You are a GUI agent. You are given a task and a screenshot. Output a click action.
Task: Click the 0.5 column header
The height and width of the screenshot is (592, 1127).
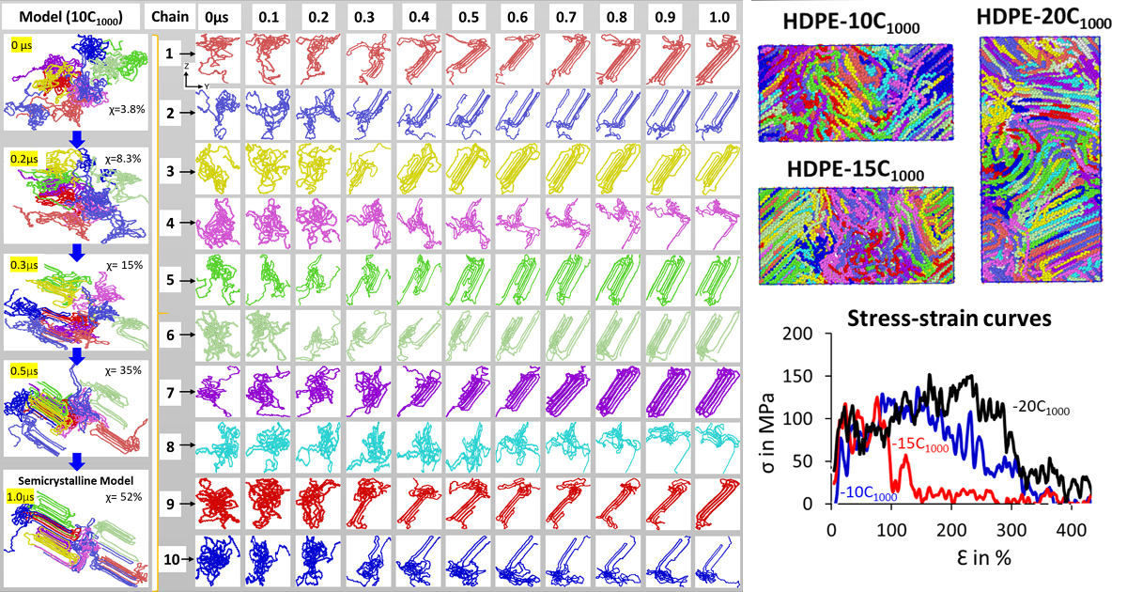click(468, 17)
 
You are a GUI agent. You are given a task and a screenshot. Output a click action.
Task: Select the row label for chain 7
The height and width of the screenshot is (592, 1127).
click(169, 388)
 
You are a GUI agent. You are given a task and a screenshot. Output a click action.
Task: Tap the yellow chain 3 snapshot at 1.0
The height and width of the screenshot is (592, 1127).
click(719, 168)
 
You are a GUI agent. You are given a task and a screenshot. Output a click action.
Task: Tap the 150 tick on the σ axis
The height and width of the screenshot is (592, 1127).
click(813, 376)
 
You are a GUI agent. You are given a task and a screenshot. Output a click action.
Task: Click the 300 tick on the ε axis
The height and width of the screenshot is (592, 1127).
click(1006, 527)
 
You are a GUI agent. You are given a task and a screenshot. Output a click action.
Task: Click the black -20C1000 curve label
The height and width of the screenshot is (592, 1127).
click(1041, 409)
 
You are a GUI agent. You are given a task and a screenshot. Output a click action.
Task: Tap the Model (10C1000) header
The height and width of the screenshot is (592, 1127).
click(73, 17)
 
